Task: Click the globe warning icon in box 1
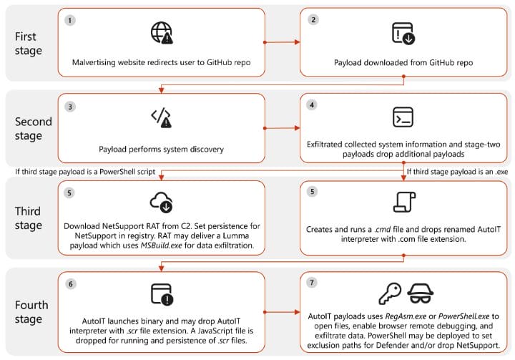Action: coord(162,34)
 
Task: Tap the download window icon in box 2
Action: coord(402,34)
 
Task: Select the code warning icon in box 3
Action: coord(161,118)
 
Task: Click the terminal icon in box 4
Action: coord(402,117)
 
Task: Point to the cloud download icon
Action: coord(161,203)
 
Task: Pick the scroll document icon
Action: coord(402,203)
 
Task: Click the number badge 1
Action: coord(69,20)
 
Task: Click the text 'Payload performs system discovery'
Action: coord(161,150)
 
